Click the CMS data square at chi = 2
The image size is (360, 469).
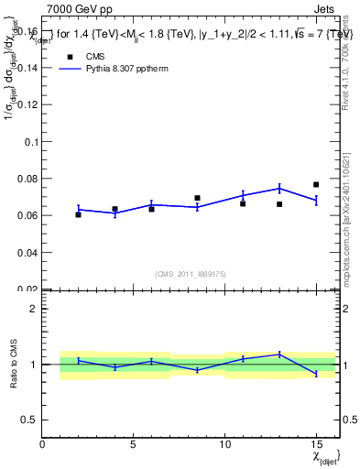click(79, 214)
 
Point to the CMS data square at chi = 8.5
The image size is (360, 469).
click(197, 198)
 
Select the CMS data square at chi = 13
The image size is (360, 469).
click(279, 204)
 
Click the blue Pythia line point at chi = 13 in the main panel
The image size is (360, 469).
click(279, 188)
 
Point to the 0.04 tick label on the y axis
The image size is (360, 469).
click(25, 252)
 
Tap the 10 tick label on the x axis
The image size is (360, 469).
click(224, 444)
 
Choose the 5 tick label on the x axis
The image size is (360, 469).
click(134, 444)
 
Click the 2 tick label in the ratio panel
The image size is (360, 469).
click(33, 309)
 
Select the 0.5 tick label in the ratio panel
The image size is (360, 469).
click(28, 420)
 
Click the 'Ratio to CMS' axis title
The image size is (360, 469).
click(12, 364)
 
